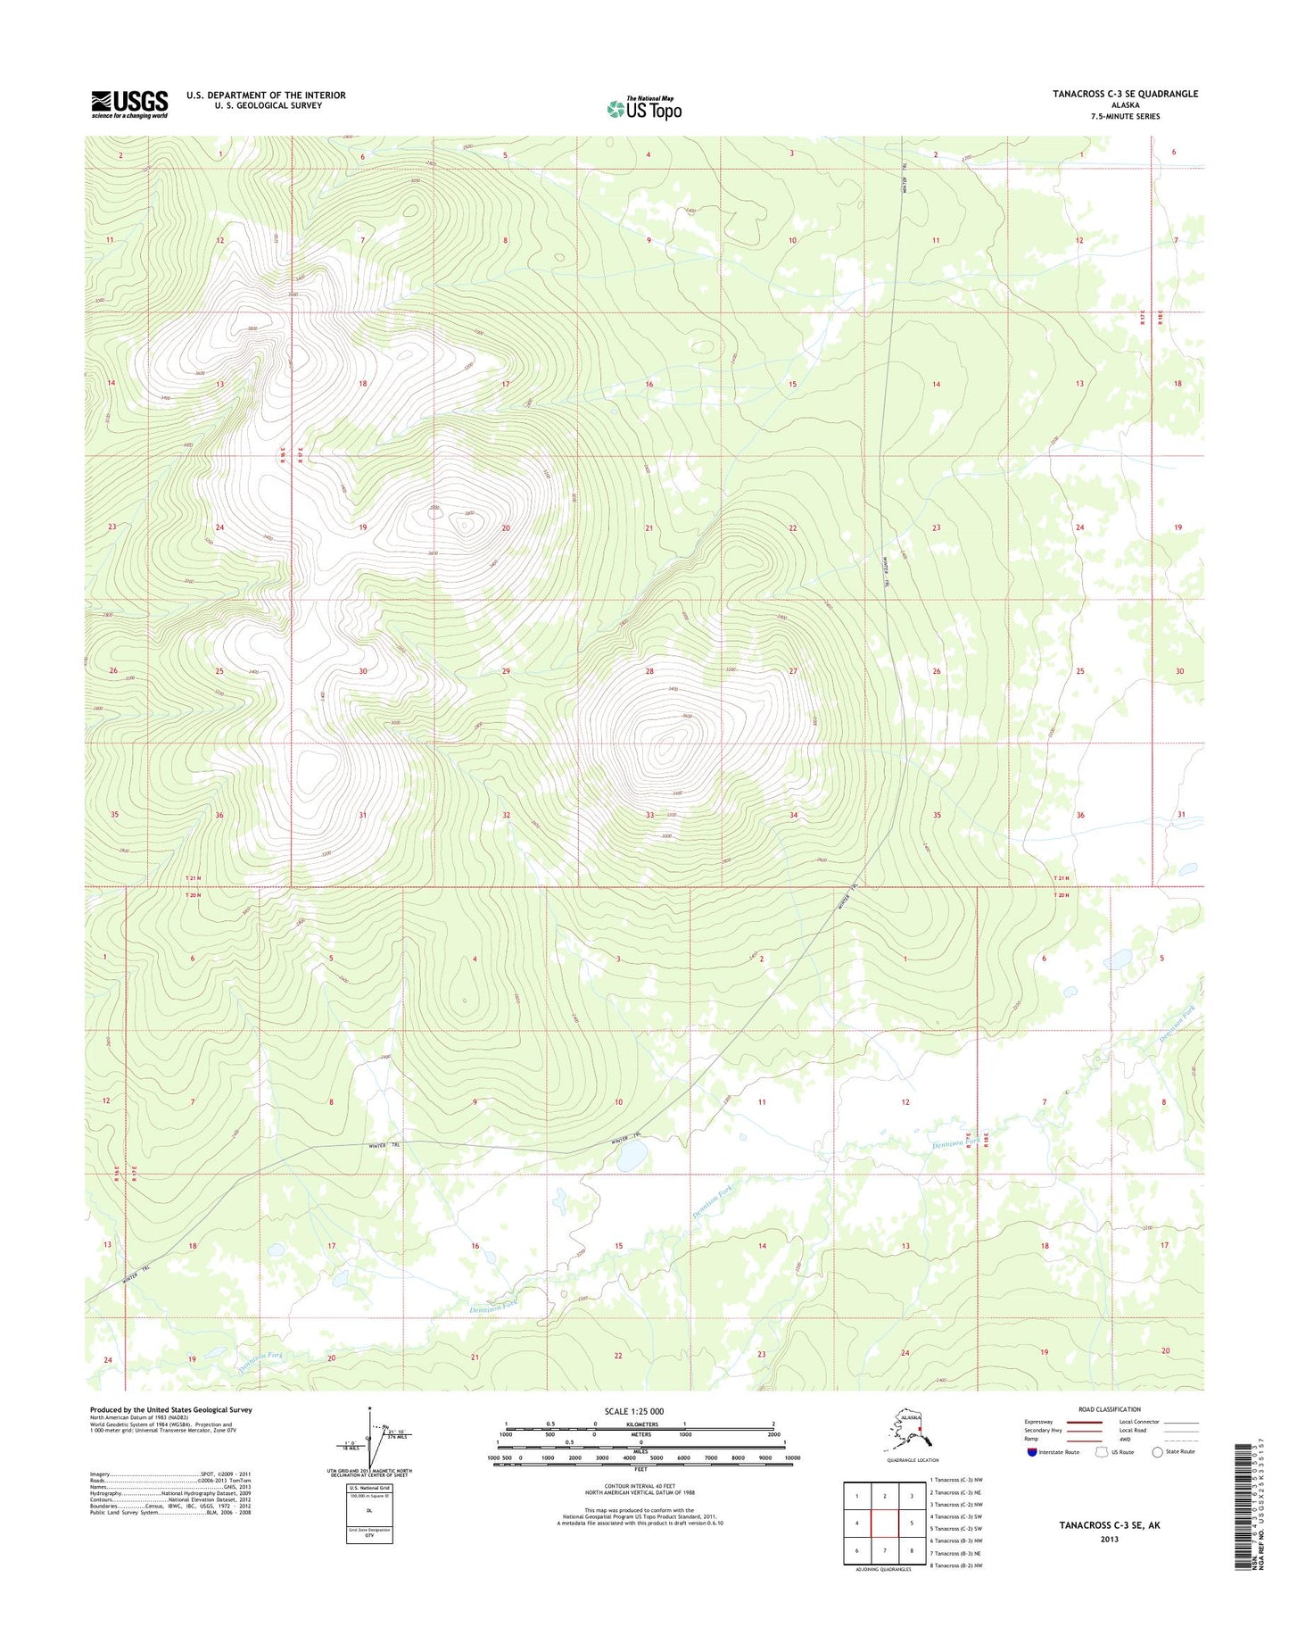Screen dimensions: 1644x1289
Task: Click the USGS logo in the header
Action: pyautogui.click(x=129, y=104)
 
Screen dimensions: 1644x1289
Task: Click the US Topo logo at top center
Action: pyautogui.click(x=644, y=108)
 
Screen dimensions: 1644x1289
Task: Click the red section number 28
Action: pyautogui.click(x=649, y=671)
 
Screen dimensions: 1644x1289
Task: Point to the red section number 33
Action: pyautogui.click(x=649, y=815)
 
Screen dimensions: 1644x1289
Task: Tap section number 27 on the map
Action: pyautogui.click(x=792, y=671)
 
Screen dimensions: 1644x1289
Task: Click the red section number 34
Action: pyautogui.click(x=793, y=815)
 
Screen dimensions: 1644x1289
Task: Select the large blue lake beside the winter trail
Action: pyautogui.click(x=632, y=1158)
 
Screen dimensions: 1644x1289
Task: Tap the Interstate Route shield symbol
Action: pyautogui.click(x=1032, y=1452)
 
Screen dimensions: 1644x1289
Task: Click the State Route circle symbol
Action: pyautogui.click(x=1158, y=1452)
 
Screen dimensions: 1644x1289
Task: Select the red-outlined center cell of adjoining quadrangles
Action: pyautogui.click(x=884, y=1524)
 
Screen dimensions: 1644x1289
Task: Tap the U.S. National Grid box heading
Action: pyautogui.click(x=368, y=1488)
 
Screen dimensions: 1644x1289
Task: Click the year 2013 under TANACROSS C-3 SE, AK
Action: pyautogui.click(x=1109, y=1539)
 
